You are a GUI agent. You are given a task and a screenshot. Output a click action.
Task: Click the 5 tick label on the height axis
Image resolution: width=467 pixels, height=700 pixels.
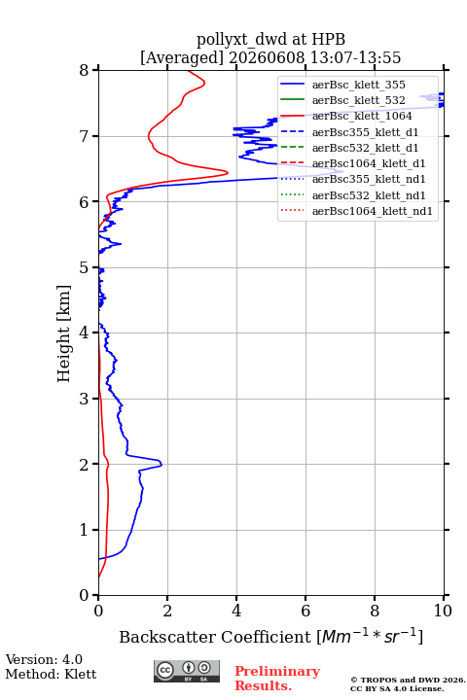click(85, 267)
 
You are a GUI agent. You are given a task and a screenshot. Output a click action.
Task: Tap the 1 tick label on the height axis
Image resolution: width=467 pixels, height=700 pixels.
click(85, 530)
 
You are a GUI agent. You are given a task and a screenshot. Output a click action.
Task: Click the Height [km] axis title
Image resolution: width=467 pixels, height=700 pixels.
click(63, 333)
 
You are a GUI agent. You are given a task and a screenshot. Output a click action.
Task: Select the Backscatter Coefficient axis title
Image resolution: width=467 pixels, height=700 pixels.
click(270, 637)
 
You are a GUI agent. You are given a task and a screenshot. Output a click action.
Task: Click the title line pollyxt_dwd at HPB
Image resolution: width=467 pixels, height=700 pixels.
click(270, 39)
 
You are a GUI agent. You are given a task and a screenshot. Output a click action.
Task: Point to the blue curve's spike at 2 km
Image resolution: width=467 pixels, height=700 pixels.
click(162, 465)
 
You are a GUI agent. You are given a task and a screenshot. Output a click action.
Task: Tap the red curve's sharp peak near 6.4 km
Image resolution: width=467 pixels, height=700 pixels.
click(228, 172)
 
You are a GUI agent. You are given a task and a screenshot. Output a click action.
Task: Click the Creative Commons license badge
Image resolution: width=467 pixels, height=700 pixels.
click(187, 671)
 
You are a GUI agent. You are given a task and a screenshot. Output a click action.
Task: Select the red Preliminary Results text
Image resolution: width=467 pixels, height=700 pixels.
click(277, 679)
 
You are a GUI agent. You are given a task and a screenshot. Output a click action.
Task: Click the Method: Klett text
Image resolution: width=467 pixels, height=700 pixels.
click(51, 674)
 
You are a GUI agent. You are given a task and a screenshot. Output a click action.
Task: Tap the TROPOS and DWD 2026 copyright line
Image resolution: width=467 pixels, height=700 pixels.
click(408, 680)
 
